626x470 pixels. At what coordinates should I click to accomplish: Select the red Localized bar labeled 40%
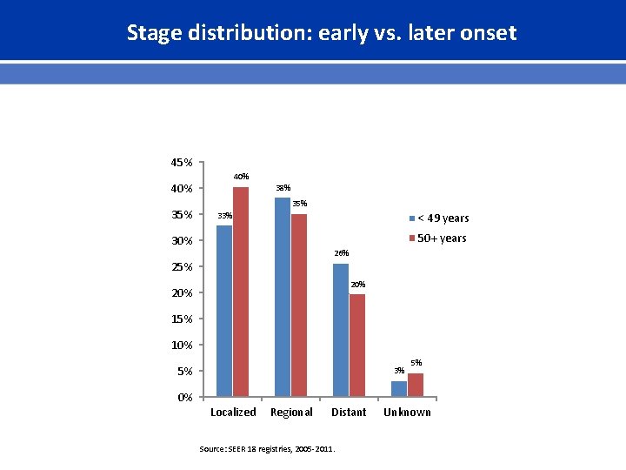pyautogui.click(x=241, y=292)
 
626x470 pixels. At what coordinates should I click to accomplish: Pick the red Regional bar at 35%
pyautogui.click(x=299, y=305)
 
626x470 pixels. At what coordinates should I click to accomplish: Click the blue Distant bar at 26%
pyautogui.click(x=341, y=330)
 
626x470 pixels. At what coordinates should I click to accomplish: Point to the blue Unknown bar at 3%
pyautogui.click(x=399, y=389)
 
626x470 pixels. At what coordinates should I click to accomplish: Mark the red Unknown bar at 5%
pyautogui.click(x=416, y=385)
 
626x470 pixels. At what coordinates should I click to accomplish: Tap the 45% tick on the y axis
pyautogui.click(x=182, y=163)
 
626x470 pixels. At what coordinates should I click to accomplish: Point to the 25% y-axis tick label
pyautogui.click(x=182, y=267)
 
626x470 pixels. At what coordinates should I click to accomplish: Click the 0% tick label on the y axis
pyautogui.click(x=184, y=398)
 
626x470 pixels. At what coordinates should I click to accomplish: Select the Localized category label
pyautogui.click(x=233, y=413)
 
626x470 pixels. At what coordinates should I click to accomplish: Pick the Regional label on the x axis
pyautogui.click(x=291, y=413)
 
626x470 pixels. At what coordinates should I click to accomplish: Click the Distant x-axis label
pyautogui.click(x=349, y=413)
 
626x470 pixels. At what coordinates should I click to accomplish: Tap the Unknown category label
pyautogui.click(x=407, y=413)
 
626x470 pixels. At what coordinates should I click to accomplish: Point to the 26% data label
pyautogui.click(x=341, y=253)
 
